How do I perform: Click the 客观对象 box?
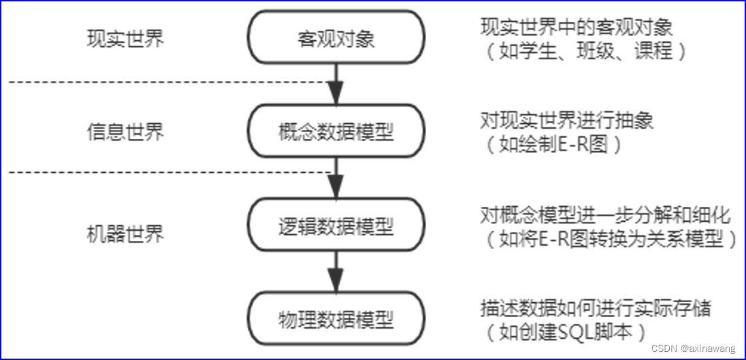[336, 38]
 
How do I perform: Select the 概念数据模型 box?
[336, 131]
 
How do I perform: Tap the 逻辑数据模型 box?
[336, 225]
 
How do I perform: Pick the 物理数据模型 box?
[336, 318]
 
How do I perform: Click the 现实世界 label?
[126, 38]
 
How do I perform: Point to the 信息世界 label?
[126, 131]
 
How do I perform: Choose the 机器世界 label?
[126, 235]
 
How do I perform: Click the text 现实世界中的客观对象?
[577, 28]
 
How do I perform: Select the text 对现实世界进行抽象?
[567, 121]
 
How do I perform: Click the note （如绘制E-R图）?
[552, 144]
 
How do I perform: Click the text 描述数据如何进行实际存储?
[596, 309]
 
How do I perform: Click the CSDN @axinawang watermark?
[693, 348]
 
